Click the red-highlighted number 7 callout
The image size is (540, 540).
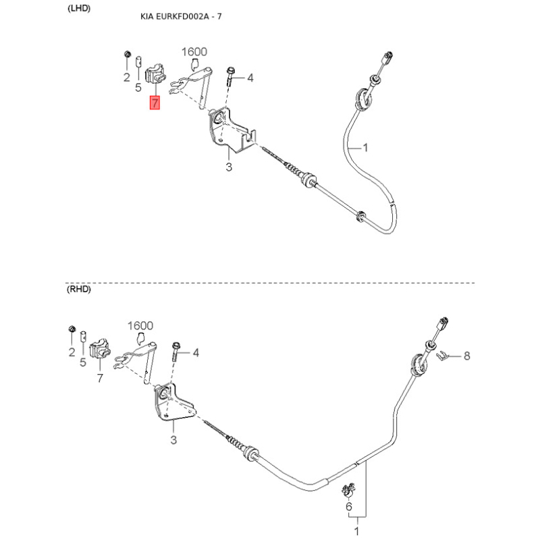coord(155,103)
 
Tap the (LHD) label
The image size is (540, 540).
coord(79,8)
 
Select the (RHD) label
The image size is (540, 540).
coord(79,290)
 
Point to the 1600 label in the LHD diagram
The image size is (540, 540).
coord(194,51)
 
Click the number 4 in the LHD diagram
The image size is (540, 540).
coord(250,78)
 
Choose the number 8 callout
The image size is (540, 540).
coord(465,356)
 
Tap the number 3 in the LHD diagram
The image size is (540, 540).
coord(229,167)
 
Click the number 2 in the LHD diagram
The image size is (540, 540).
coord(126,78)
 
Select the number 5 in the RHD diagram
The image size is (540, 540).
coord(83,362)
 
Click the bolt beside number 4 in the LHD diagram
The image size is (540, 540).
coord(232,78)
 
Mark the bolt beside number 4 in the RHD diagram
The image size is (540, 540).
coord(177,352)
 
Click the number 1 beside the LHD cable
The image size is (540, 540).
coord(365,147)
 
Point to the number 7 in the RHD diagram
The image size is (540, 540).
coord(100,377)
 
